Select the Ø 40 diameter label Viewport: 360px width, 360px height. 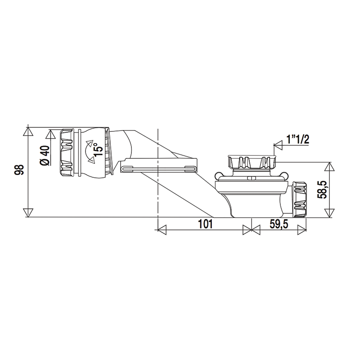pyautogui.click(x=45, y=155)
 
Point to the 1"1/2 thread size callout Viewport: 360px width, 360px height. pyautogui.click(x=298, y=139)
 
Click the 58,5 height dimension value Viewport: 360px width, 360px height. pyautogui.click(x=322, y=189)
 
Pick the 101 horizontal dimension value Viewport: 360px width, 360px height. pyautogui.click(x=205, y=224)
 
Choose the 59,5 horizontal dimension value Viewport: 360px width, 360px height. pyautogui.click(x=279, y=224)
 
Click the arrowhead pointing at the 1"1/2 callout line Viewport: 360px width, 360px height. pyautogui.click(x=278, y=145)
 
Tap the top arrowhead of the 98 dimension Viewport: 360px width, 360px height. pyautogui.click(x=28, y=132)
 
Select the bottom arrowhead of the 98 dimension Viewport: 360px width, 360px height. pyautogui.click(x=28, y=212)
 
